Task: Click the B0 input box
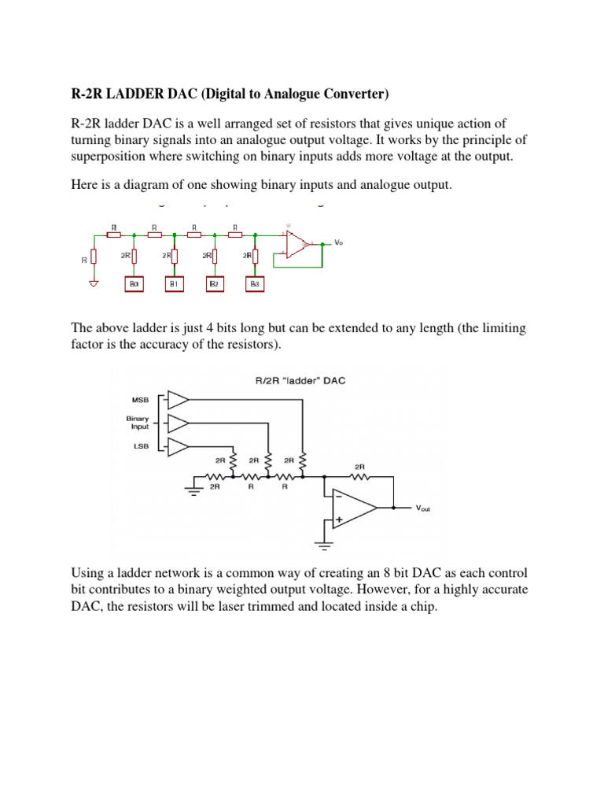[133, 283]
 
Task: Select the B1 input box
[173, 283]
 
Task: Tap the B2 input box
[212, 283]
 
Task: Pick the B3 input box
[253, 283]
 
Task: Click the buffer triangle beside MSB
[178, 399]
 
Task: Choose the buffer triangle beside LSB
[178, 447]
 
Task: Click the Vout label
[423, 508]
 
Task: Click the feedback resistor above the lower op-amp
[360, 476]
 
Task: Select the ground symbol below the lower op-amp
[322, 543]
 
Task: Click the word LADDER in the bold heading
[129, 95]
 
